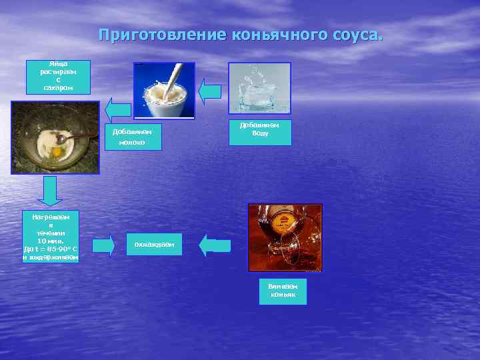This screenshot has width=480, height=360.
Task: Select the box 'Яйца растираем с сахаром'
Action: pyautogui.click(x=58, y=76)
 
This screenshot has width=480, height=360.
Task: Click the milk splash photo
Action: pyautogui.click(x=164, y=90)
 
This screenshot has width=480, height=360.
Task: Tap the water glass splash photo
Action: pyautogui.click(x=259, y=87)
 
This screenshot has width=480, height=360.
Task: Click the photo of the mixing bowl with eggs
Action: pyautogui.click(x=55, y=137)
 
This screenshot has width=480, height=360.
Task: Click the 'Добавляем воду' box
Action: pyautogui.click(x=259, y=132)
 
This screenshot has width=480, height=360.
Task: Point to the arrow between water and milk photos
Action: pyautogui.click(x=211, y=91)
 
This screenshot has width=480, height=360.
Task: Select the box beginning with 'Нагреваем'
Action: pyautogui.click(x=50, y=236)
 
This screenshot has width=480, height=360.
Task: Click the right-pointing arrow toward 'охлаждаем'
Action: pyautogui.click(x=103, y=245)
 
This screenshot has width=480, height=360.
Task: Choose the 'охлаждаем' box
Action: pyautogui.click(x=154, y=245)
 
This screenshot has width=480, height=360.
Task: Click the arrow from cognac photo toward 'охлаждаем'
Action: pyautogui.click(x=215, y=245)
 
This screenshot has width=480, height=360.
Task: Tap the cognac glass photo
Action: pyautogui.click(x=285, y=237)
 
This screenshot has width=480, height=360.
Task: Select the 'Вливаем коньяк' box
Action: pyautogui.click(x=283, y=291)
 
